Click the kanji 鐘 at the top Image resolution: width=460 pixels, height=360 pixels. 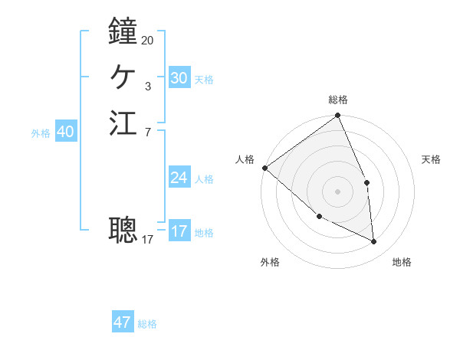123,31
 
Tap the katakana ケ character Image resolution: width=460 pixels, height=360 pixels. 123,77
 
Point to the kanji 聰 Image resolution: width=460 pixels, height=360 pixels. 123,228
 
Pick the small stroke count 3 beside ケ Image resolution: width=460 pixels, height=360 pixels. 148,87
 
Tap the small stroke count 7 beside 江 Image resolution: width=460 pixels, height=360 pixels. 147,133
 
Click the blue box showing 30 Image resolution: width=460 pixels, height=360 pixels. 179,78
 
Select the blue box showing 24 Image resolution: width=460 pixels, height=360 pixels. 179,178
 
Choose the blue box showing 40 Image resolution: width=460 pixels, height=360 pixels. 65,132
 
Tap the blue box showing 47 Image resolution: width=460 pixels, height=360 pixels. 123,322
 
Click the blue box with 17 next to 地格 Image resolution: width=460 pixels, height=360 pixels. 179,231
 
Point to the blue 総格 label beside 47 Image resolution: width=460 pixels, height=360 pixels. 147,324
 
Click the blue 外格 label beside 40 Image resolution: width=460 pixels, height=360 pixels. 41,133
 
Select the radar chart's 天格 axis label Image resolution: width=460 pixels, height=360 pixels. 431,159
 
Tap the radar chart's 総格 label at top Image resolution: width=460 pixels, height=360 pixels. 337,100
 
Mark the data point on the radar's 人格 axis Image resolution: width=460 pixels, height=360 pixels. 264,168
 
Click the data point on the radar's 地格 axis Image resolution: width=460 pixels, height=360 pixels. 374,242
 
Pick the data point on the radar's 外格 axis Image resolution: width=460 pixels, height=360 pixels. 319,217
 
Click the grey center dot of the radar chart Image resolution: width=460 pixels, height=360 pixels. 337,191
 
